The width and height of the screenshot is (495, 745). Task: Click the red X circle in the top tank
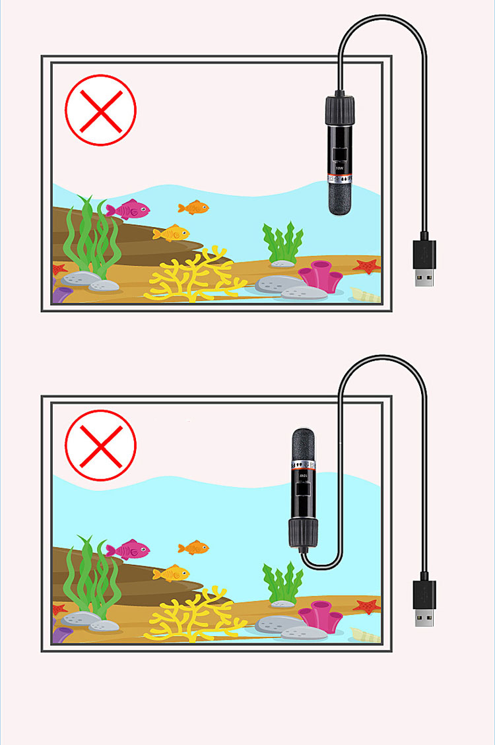[x=100, y=110]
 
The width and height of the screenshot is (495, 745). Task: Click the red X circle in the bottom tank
[x=100, y=445]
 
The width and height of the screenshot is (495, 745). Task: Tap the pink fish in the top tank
[x=129, y=210]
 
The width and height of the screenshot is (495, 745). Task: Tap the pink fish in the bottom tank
[x=129, y=549]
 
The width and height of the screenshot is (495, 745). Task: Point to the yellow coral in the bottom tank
[x=191, y=614]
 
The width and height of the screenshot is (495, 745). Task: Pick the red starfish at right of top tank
[x=366, y=266]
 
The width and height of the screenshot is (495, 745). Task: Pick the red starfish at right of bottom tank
[x=366, y=605]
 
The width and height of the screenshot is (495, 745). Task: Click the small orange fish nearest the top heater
[x=194, y=208]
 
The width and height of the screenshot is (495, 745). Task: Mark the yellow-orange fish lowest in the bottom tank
[x=172, y=573]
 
